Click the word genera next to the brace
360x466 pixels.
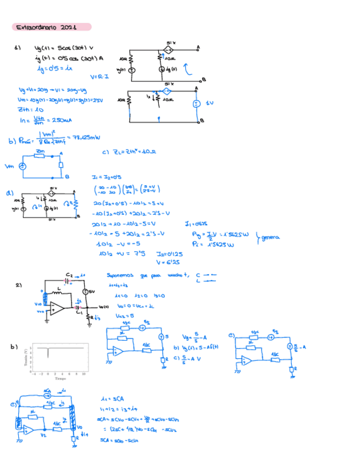coord(270,237)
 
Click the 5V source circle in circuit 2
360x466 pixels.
coord(86,292)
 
